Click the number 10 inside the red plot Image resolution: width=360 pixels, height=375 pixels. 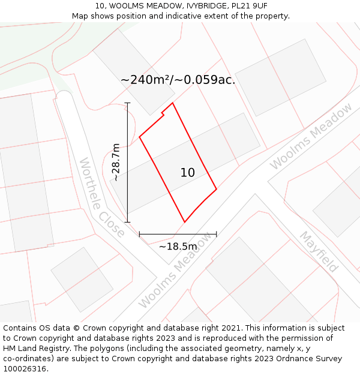click(187, 173)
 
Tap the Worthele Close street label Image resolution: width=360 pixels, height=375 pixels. click(102, 197)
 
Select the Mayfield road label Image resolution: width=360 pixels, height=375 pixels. click(319, 251)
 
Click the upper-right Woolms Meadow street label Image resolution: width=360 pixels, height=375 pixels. click(311, 136)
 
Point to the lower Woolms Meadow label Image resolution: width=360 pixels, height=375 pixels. click(176, 270)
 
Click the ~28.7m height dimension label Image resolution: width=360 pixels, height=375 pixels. click(117, 162)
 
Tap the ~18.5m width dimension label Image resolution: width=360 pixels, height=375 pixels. click(178, 246)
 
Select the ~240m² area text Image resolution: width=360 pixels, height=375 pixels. click(149, 80)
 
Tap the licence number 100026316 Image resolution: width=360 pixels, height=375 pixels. click(25, 369)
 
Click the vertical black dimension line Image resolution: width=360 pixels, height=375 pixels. click(127, 162)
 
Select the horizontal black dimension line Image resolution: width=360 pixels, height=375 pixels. click(178, 234)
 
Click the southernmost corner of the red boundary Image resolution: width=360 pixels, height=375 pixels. click(184, 222)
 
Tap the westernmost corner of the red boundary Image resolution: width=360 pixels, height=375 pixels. click(140, 137)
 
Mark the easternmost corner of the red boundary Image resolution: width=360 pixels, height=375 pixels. click(216, 190)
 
